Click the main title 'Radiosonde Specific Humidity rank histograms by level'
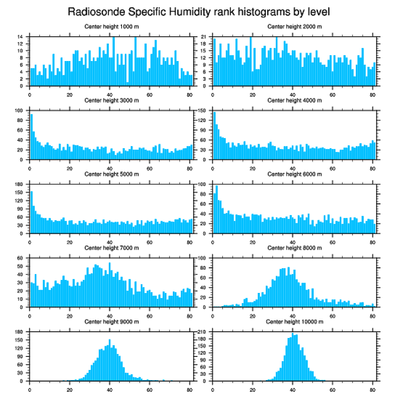198,11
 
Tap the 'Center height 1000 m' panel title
112,26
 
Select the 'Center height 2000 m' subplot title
294,26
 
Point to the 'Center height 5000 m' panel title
112,174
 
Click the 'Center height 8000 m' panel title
294,248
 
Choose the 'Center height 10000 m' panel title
294,322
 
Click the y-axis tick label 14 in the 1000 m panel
21,37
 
